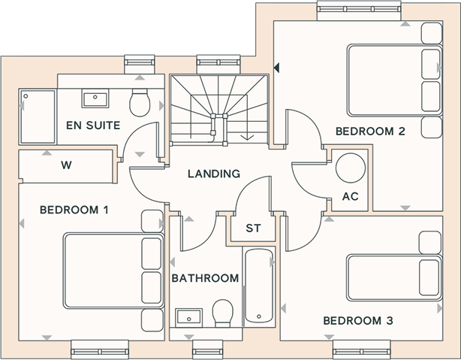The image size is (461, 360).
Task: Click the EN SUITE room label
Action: point(93,126)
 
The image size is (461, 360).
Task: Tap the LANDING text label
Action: point(214,174)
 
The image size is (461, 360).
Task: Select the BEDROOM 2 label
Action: point(370,132)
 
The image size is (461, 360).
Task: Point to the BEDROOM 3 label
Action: point(358,321)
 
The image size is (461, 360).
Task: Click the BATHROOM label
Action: point(205,278)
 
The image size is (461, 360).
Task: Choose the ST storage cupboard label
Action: point(253,228)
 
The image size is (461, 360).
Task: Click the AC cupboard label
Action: point(351,196)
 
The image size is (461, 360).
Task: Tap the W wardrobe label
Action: point(66,165)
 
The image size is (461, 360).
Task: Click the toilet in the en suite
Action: point(140,102)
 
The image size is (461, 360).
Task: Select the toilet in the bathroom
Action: point(223,313)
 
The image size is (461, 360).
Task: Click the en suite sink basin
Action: point(95,98)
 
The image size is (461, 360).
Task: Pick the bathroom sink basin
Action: point(188,318)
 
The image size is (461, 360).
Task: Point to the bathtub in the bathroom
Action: point(259,286)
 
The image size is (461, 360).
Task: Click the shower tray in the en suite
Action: point(38,116)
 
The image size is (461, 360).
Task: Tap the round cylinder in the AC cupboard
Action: point(351,168)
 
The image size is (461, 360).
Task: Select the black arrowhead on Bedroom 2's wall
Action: point(276,68)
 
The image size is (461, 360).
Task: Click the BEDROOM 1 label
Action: point(74,210)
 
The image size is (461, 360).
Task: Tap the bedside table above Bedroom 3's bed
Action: point(430,243)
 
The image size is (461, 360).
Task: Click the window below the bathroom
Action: point(207,350)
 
